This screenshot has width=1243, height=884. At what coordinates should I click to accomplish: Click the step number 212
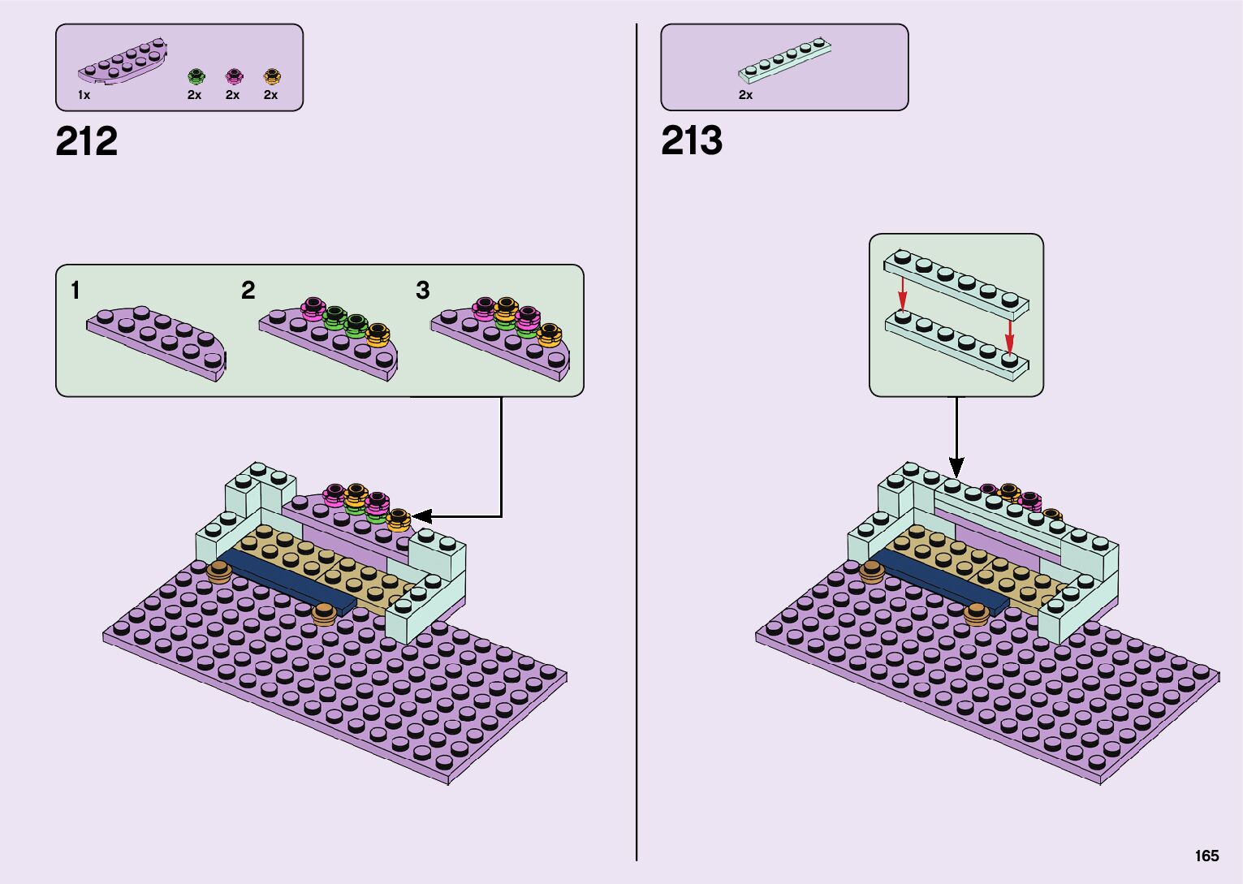pos(86,142)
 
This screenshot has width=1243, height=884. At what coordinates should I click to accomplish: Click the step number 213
pos(691,141)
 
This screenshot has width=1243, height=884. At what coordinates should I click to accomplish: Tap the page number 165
pos(1206,856)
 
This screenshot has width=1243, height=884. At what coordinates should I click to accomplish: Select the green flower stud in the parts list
pos(196,77)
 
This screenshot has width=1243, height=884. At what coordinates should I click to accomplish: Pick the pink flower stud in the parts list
pos(234,77)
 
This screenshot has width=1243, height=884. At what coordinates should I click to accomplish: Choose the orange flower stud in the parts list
pos(272,77)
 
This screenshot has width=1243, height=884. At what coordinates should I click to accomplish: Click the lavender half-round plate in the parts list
pos(122,63)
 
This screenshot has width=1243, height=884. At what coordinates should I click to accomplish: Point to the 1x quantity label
pos(84,95)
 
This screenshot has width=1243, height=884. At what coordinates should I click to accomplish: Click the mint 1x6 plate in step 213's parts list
pos(785,60)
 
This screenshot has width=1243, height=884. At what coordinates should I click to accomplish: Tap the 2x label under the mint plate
pos(745,95)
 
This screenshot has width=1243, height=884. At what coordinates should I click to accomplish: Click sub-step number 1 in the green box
pos(76,291)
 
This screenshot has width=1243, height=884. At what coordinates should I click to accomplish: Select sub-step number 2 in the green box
pos(248,291)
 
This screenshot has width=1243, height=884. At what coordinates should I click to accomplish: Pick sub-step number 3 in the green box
pos(422,291)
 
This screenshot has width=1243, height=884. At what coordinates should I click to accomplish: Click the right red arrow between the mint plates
pos(1009,333)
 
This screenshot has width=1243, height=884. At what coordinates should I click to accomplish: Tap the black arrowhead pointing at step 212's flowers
pos(421,515)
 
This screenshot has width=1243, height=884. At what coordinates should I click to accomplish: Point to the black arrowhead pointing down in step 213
pos(956,468)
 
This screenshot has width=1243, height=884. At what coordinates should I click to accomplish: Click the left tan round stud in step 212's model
pos(218,571)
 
